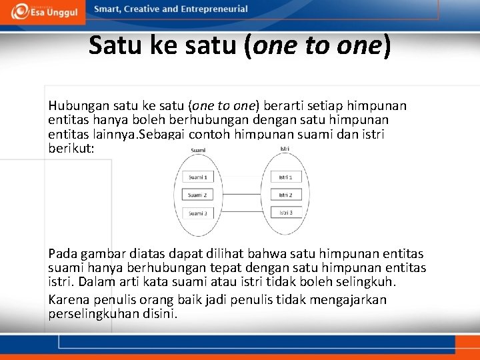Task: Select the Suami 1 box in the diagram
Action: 197,177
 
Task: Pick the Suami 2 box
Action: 197,195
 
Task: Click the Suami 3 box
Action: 197,213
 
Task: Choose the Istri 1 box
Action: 286,177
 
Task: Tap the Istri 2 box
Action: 286,195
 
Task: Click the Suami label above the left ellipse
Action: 198,151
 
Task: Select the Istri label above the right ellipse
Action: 285,149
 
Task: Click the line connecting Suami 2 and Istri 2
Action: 241,195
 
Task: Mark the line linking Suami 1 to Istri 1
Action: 241,177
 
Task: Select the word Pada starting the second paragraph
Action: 62,254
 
